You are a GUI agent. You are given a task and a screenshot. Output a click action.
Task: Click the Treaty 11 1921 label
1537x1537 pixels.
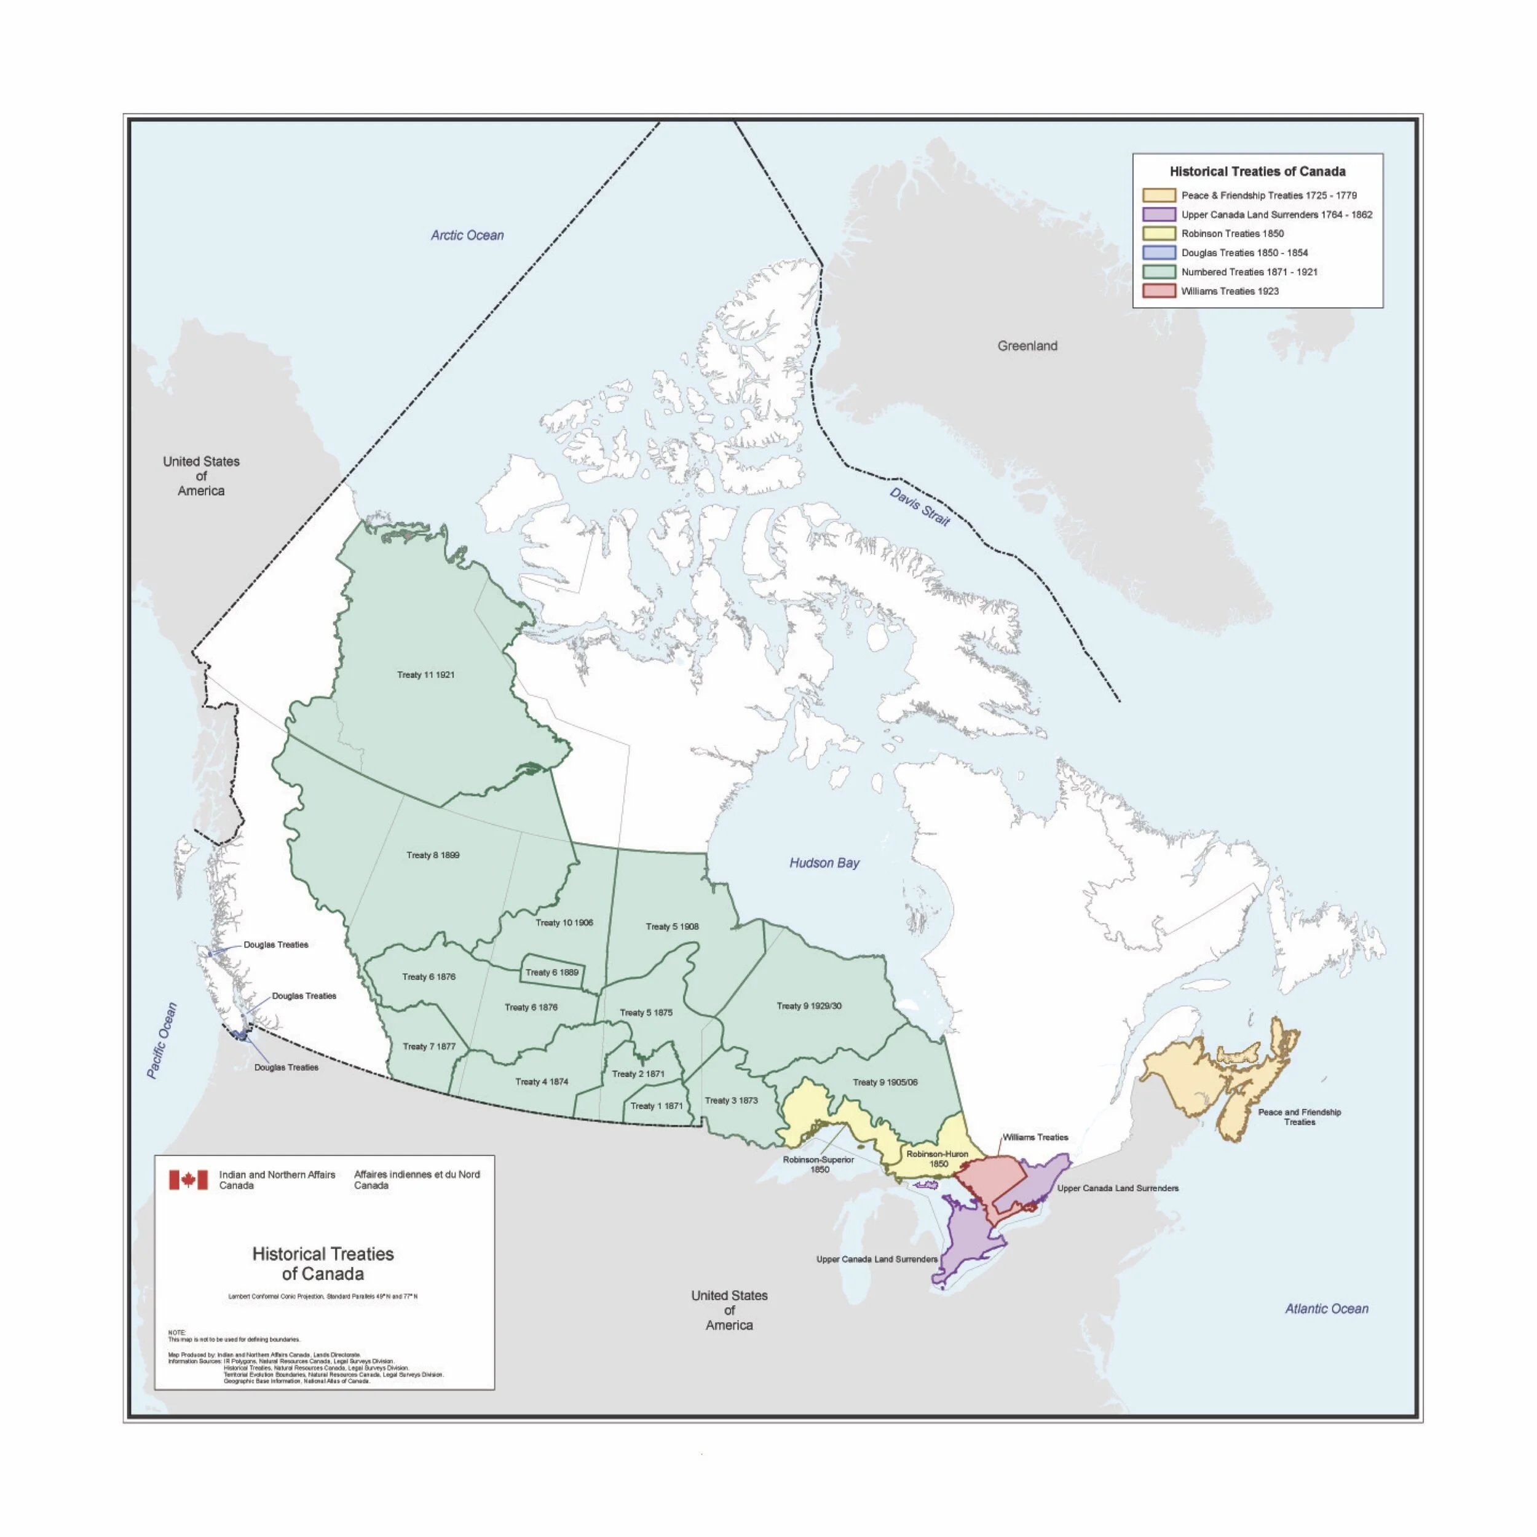[425, 674]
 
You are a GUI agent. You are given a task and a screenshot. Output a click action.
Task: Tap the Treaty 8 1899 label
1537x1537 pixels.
[433, 855]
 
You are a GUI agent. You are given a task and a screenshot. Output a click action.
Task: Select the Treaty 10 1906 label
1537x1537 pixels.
[564, 923]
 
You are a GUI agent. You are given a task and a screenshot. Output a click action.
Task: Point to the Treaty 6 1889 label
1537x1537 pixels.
[552, 972]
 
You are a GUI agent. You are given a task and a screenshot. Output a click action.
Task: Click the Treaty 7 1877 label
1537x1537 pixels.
[429, 1046]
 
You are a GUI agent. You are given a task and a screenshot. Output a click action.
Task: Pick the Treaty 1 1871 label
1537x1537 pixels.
[657, 1106]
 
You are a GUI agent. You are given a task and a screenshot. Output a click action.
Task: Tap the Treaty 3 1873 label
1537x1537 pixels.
[731, 1100]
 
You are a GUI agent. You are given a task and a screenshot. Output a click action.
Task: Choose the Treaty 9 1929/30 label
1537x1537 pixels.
[809, 1006]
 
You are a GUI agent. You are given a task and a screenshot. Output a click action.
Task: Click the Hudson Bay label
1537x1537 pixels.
[824, 863]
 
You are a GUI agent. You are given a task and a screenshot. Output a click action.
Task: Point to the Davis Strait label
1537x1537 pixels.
[920, 507]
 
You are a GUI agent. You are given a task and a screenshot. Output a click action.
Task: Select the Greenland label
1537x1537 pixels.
[1027, 346]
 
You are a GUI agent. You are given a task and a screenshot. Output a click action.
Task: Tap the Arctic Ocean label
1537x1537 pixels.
[467, 235]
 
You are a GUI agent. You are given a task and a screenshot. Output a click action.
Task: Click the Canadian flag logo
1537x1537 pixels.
[188, 1179]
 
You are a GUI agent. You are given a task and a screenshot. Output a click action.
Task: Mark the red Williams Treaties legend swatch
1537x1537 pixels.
[1158, 291]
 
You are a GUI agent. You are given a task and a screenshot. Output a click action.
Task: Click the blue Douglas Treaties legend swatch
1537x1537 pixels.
[1158, 253]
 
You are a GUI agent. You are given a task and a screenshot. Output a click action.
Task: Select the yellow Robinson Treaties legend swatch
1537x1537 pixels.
[1158, 234]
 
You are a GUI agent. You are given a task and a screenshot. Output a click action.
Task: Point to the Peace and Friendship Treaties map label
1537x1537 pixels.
[1299, 1117]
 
